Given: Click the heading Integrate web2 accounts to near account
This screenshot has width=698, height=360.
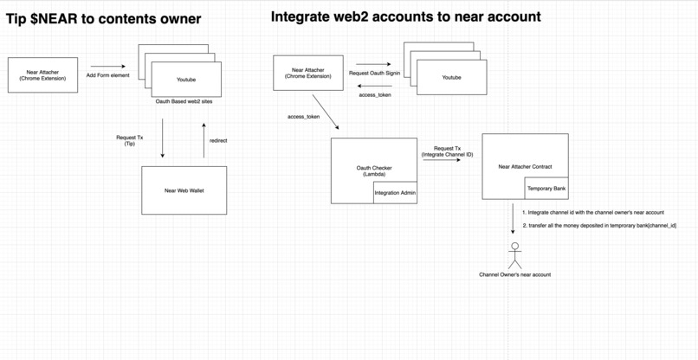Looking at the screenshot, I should pos(405,16).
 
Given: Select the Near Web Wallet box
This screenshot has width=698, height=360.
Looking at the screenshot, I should pos(184,190).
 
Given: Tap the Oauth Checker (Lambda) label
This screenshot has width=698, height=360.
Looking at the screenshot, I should pos(374,170).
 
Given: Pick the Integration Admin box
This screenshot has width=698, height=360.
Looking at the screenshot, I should pos(395,193).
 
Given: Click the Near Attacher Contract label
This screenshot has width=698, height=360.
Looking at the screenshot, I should pos(525,166).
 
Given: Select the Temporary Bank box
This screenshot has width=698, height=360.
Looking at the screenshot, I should pos(546,188).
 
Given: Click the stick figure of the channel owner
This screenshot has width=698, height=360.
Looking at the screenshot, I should pos(514,255).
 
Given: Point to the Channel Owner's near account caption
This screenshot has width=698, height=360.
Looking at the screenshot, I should pos(514,274).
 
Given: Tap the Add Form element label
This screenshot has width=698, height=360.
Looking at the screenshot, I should pos(108,76).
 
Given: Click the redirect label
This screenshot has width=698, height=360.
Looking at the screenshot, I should pos(218,140).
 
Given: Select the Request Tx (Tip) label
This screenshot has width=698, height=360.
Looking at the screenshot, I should pos(129,140).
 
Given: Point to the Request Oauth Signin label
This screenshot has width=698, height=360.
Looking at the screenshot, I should pos(374,74).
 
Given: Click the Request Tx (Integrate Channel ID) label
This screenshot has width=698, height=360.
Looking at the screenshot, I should pos(447,151).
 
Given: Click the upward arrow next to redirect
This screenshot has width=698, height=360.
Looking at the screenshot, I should pos(204,140).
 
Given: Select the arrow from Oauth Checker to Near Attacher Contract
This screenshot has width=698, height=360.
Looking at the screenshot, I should pos(442,160).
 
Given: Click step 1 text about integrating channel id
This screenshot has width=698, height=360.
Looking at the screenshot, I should pos(592,212).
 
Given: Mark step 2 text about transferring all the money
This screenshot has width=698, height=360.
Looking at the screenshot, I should pos(598,225).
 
